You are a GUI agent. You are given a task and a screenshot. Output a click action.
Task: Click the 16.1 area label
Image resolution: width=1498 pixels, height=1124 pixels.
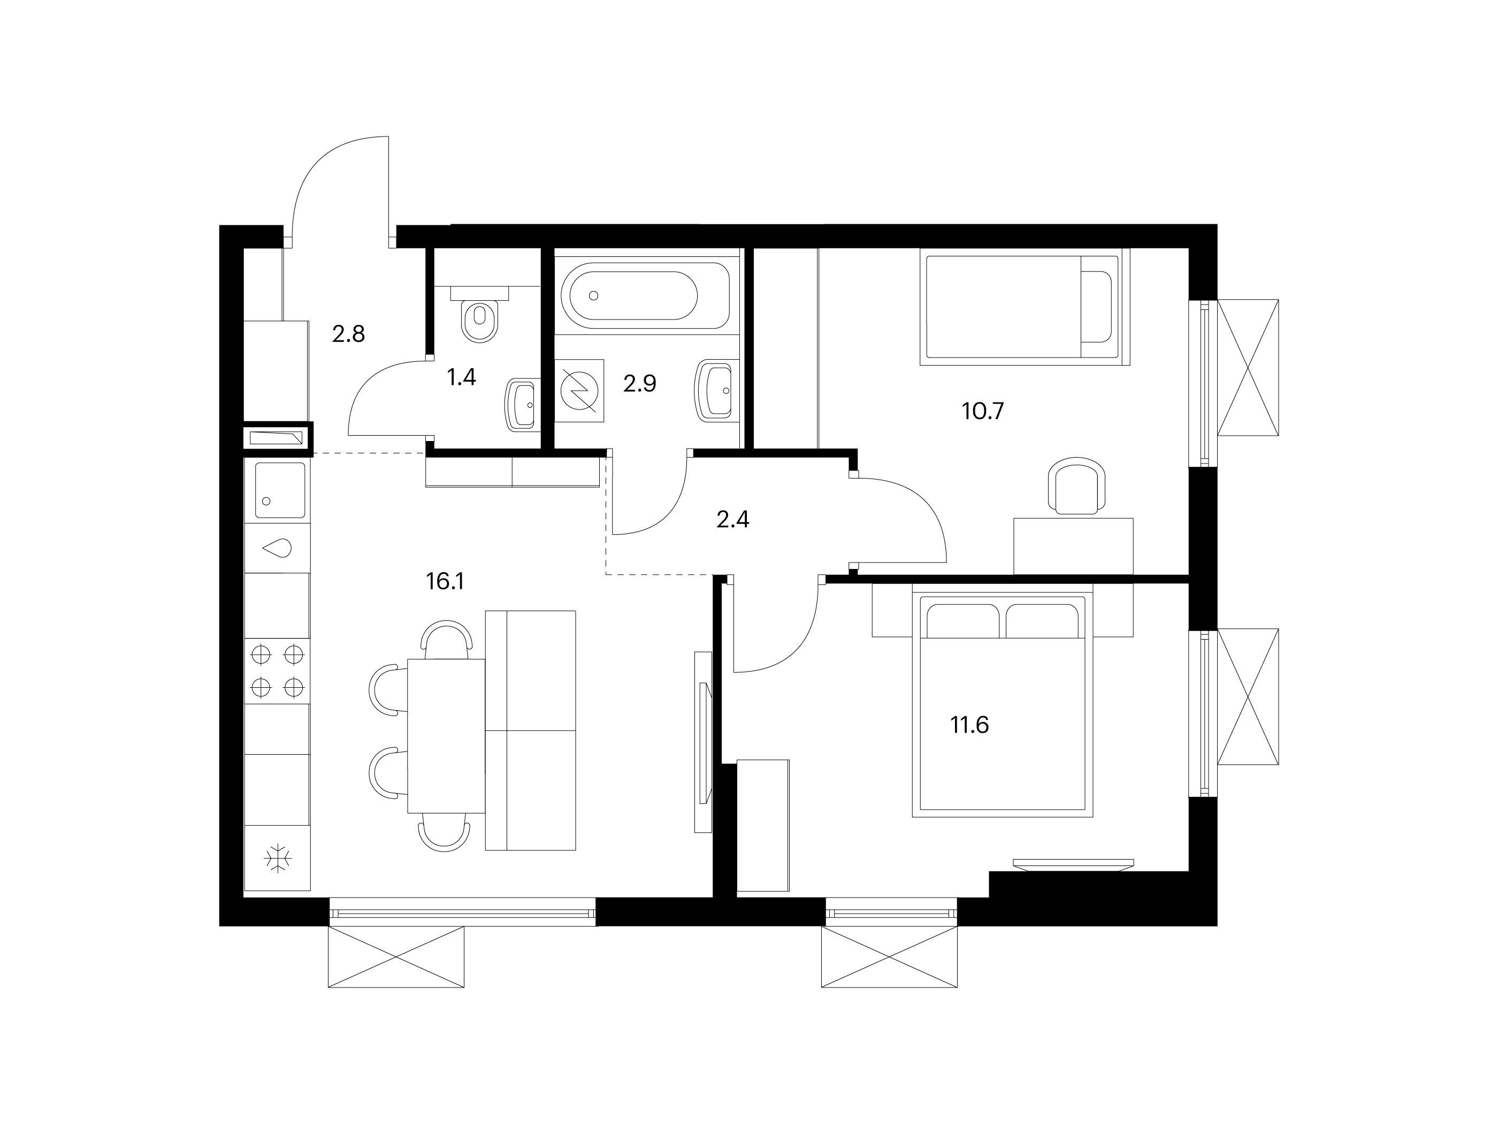pos(445,581)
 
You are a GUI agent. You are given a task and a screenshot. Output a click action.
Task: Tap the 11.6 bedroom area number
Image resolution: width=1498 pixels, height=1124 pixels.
pos(970,726)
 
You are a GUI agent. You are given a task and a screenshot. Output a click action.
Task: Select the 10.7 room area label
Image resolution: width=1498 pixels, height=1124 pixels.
pos(983,411)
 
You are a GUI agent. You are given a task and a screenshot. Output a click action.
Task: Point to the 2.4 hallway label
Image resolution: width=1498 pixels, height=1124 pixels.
pos(733,520)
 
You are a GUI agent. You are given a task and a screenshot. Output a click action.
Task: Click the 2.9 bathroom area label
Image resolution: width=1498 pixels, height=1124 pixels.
pos(640,384)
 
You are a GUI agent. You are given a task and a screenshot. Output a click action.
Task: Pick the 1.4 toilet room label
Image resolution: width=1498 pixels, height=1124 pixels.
pos(461,377)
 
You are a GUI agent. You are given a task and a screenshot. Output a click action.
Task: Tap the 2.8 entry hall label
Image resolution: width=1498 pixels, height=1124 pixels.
pos(349,334)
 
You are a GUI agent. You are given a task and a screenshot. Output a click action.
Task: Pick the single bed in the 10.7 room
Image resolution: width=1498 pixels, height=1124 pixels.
pos(1025,307)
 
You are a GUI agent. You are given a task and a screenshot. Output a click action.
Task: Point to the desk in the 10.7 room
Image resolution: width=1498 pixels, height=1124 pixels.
pos(1073,546)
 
